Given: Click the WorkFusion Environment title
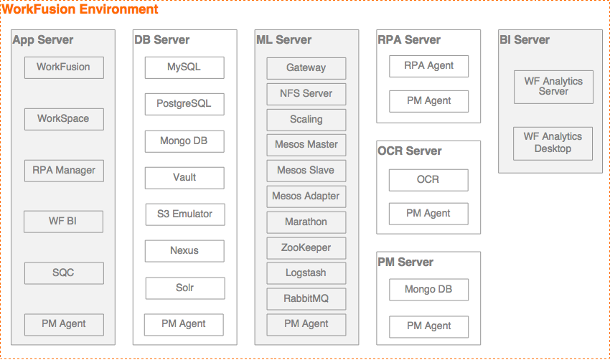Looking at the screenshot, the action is coord(80,9).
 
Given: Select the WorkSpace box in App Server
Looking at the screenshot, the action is coord(64,119).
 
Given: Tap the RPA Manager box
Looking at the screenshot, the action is coord(64,171).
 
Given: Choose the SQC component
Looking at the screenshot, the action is coord(64,273).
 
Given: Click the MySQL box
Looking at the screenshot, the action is coord(184,67).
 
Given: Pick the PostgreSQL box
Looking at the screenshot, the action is coord(184,104).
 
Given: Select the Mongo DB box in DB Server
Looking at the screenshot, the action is coord(184,141).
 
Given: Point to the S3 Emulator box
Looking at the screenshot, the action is coord(185,214).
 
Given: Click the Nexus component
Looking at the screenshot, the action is coord(184,251).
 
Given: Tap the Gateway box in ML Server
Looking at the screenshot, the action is coord(306,68).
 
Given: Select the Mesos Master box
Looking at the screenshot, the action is coord(306,145).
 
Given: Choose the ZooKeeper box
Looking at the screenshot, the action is coord(306,248).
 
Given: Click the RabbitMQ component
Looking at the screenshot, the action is coord(306,299).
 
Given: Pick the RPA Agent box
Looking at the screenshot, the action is coord(428,66).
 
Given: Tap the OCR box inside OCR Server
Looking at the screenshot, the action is coord(428,180).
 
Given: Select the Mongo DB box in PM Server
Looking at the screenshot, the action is coord(428,290).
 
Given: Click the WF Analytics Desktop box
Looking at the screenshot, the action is coord(553,143).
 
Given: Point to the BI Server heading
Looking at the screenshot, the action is coord(525,39).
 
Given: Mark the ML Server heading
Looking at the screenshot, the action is coord(284,39).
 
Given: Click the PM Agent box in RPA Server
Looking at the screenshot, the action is coord(428,101).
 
